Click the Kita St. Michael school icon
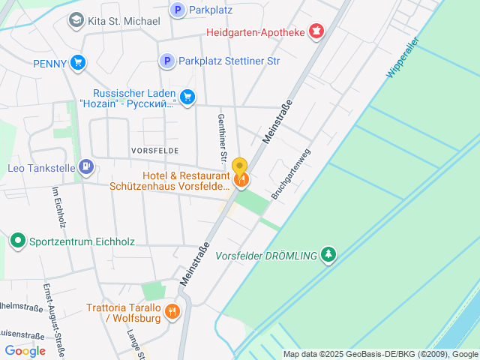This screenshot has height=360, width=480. pyautogui.click(x=76, y=19)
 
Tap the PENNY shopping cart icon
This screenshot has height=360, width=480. pyautogui.click(x=77, y=64)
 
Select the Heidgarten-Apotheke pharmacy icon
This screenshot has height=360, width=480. pyautogui.click(x=317, y=31)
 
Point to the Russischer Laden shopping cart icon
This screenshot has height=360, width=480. pyautogui.click(x=187, y=96)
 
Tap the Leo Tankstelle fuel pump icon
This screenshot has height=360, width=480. pyautogui.click(x=86, y=166)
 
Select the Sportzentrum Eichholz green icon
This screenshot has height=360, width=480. pyautogui.click(x=17, y=241)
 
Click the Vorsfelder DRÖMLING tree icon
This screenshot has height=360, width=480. pyautogui.click(x=328, y=255)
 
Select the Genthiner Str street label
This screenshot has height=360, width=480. pyautogui.click(x=222, y=139)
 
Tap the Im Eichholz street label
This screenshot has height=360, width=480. pyautogui.click(x=58, y=206)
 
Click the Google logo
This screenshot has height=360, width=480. pyautogui.click(x=25, y=350)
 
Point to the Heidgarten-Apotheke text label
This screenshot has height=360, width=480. pyautogui.click(x=256, y=32)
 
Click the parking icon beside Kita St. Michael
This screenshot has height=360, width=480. pyautogui.click(x=178, y=10)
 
